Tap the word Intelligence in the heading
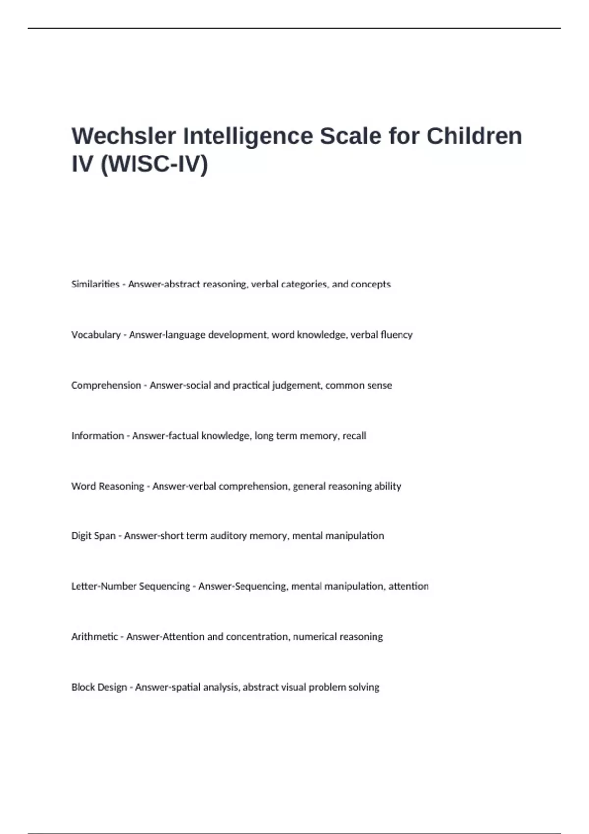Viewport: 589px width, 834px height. click(248, 136)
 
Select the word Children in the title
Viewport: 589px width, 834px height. click(474, 136)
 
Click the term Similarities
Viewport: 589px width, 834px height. click(95, 284)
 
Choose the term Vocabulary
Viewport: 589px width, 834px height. click(96, 335)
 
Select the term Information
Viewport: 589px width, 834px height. click(97, 436)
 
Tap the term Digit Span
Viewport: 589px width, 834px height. click(93, 536)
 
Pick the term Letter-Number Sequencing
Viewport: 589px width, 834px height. click(131, 586)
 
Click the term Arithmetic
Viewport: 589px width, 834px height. click(95, 637)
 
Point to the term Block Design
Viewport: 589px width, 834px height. click(99, 687)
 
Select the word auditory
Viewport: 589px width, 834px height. click(228, 536)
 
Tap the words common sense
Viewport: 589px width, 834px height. click(358, 385)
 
